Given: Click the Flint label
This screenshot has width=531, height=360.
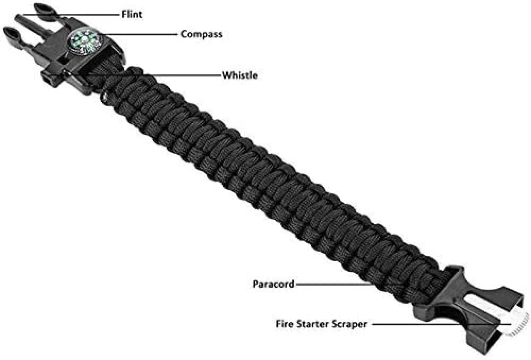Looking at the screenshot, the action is (x=132, y=14).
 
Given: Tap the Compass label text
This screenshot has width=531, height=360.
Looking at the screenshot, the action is (x=201, y=34).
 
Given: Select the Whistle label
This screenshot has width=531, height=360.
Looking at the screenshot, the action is (x=240, y=75).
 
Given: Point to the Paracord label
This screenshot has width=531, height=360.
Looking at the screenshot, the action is (x=273, y=284).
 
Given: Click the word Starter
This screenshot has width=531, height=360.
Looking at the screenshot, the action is (x=313, y=324).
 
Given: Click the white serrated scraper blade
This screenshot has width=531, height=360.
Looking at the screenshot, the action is (x=517, y=324).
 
